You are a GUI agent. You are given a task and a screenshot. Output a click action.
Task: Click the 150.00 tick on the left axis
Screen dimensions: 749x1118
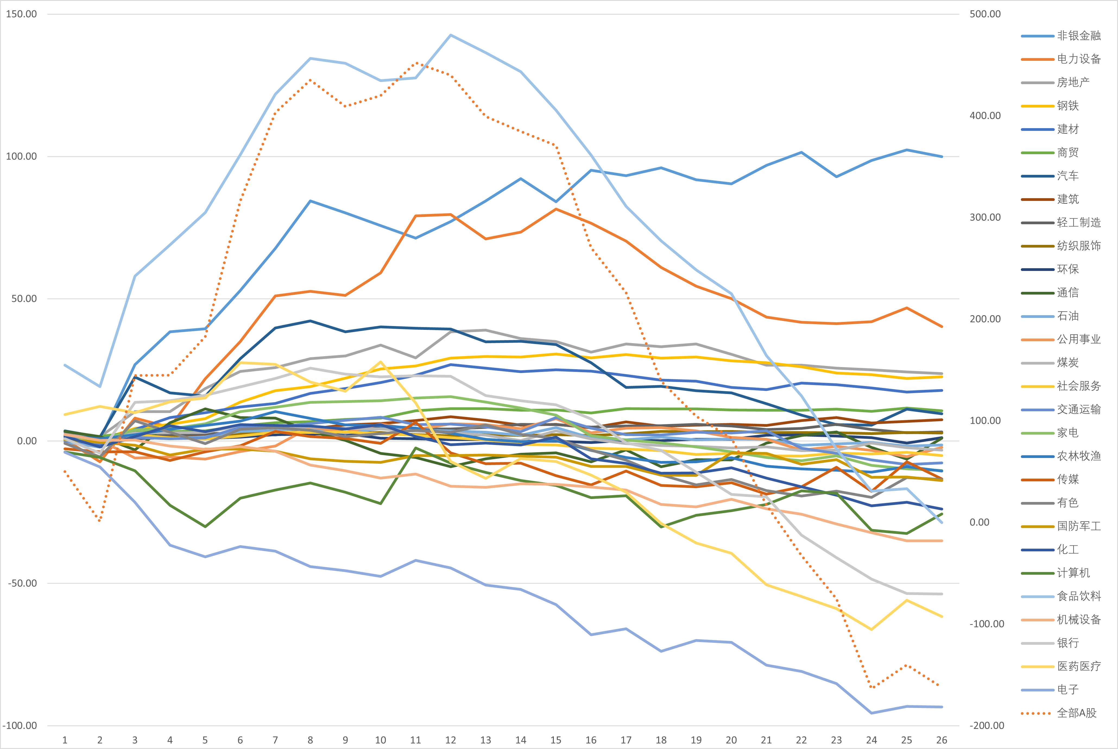(21, 14)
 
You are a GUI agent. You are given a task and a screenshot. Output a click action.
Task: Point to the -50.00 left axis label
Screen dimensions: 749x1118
(21, 583)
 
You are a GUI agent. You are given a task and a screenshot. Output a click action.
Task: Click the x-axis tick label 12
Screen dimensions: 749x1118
(450, 740)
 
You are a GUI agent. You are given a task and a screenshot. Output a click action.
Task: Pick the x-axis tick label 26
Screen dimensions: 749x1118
(941, 740)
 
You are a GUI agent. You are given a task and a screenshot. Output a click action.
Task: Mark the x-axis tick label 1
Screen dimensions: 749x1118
(65, 740)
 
